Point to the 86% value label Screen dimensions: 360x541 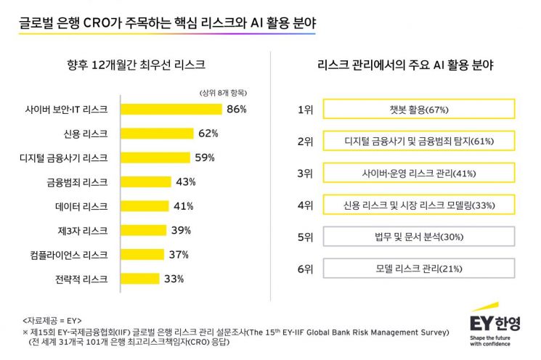[x=237, y=110]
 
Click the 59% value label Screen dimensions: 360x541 [x=205, y=157]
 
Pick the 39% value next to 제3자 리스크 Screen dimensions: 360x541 [x=181, y=230]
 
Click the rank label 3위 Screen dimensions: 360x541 [x=305, y=173]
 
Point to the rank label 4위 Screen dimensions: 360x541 [x=305, y=205]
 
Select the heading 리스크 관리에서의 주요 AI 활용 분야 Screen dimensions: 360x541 [x=405, y=65]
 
